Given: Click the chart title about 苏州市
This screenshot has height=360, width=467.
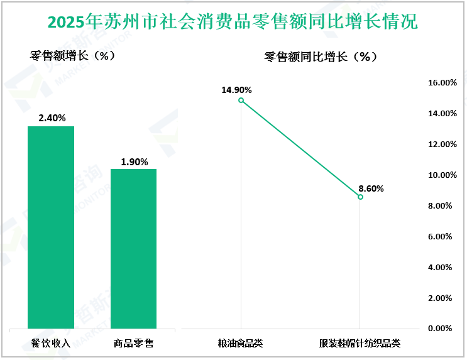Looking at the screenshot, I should click(x=233, y=23).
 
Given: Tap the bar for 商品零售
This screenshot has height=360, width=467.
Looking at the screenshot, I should click(x=133, y=248).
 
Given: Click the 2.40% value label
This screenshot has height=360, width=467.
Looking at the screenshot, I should click(x=52, y=118).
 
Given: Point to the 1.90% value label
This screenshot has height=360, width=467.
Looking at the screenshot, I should click(x=134, y=161).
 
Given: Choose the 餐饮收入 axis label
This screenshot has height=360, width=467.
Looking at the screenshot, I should click(x=51, y=343).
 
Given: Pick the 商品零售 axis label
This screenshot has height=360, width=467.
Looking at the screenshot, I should click(x=134, y=343).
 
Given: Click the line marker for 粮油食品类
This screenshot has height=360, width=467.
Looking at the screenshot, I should click(x=241, y=100).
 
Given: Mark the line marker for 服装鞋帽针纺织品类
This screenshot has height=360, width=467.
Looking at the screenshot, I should click(x=360, y=197).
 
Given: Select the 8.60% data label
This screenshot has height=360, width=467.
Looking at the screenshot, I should click(x=371, y=188).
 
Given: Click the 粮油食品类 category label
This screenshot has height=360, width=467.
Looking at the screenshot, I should click(x=240, y=343).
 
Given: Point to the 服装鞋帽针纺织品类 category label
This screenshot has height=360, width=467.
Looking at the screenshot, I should click(x=360, y=343).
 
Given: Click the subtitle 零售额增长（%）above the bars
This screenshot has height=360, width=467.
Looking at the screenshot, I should click(x=72, y=55).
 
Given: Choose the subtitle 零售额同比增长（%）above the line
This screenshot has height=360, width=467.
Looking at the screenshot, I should click(x=321, y=57).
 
